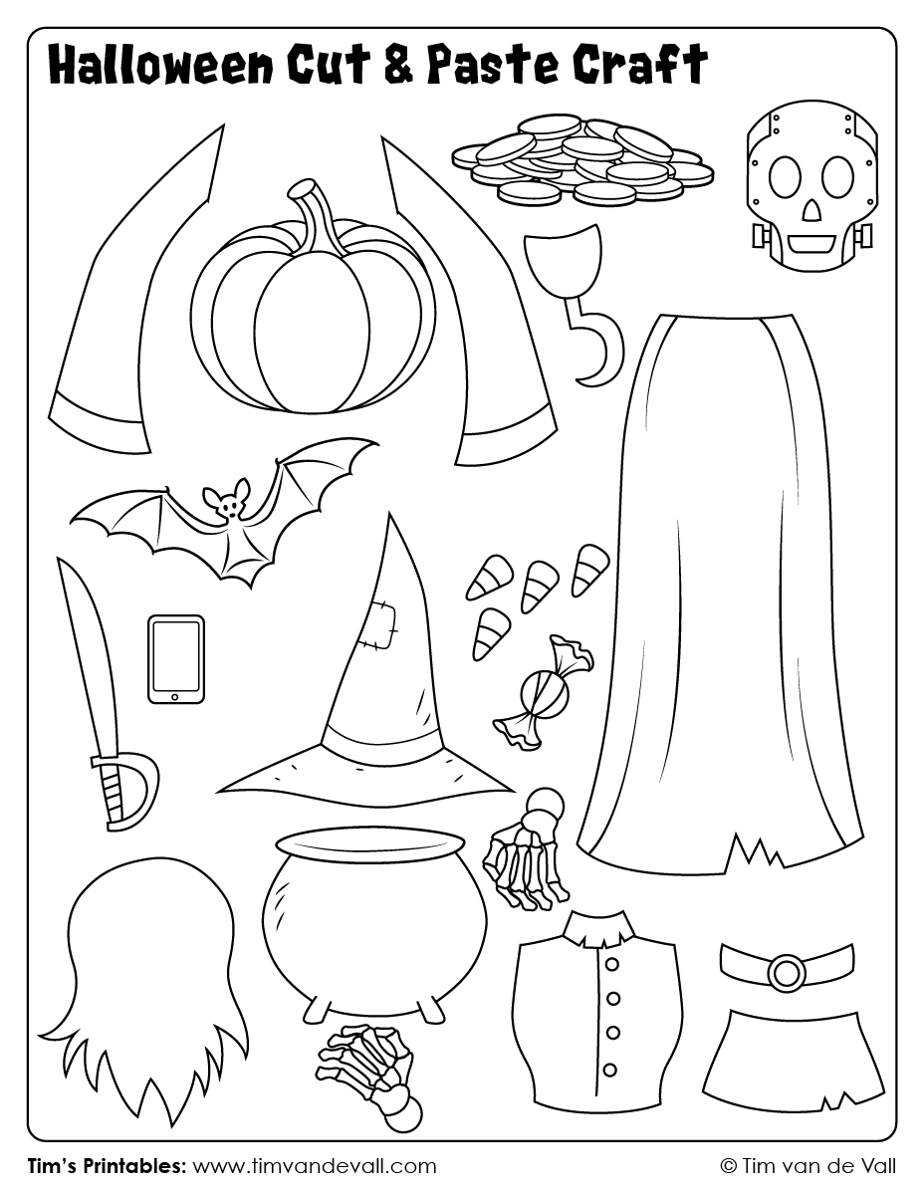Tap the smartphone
tap(176, 658)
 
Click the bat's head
tap(226, 503)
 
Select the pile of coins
tap(582, 159)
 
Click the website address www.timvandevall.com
tap(314, 1165)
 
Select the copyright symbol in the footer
tap(728, 1165)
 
